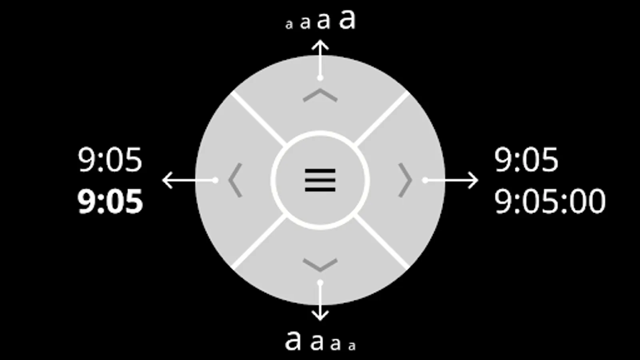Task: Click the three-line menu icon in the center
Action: [x=320, y=180]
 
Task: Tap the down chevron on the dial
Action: [x=320, y=265]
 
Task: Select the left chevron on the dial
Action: [x=235, y=180]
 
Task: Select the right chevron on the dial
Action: [x=405, y=180]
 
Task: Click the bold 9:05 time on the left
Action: [x=110, y=202]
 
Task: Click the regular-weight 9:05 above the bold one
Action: [x=110, y=160]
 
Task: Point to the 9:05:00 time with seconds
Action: [x=550, y=202]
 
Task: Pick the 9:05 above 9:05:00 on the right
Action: [x=526, y=160]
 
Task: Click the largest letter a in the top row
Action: [x=347, y=19]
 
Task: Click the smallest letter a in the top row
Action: [x=289, y=25]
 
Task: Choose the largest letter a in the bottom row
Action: [x=293, y=341]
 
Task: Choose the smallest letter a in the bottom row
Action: [x=352, y=346]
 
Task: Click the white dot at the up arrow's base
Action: [x=320, y=78]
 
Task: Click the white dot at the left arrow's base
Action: [x=215, y=180]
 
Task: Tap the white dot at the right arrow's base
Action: [x=425, y=180]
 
